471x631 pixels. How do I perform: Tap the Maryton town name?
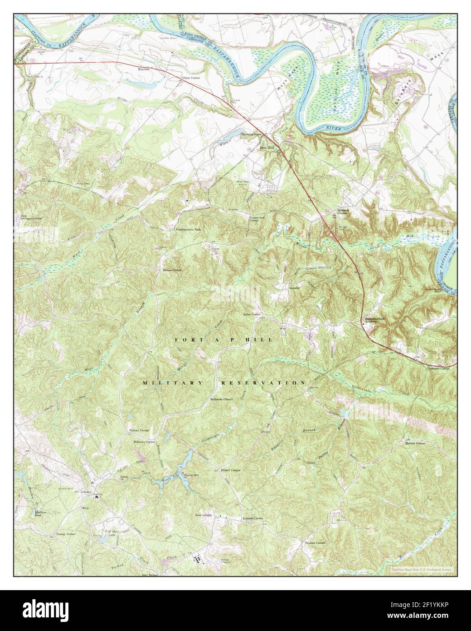click(x=144, y=69)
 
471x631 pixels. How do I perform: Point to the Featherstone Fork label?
click(x=188, y=229)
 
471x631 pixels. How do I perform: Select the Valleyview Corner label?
click(x=257, y=219)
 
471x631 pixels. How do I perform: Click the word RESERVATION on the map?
click(x=263, y=383)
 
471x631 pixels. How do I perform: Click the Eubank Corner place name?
click(x=252, y=518)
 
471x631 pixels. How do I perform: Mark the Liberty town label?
click(x=86, y=492)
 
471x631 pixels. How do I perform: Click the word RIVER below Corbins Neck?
click(x=334, y=129)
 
